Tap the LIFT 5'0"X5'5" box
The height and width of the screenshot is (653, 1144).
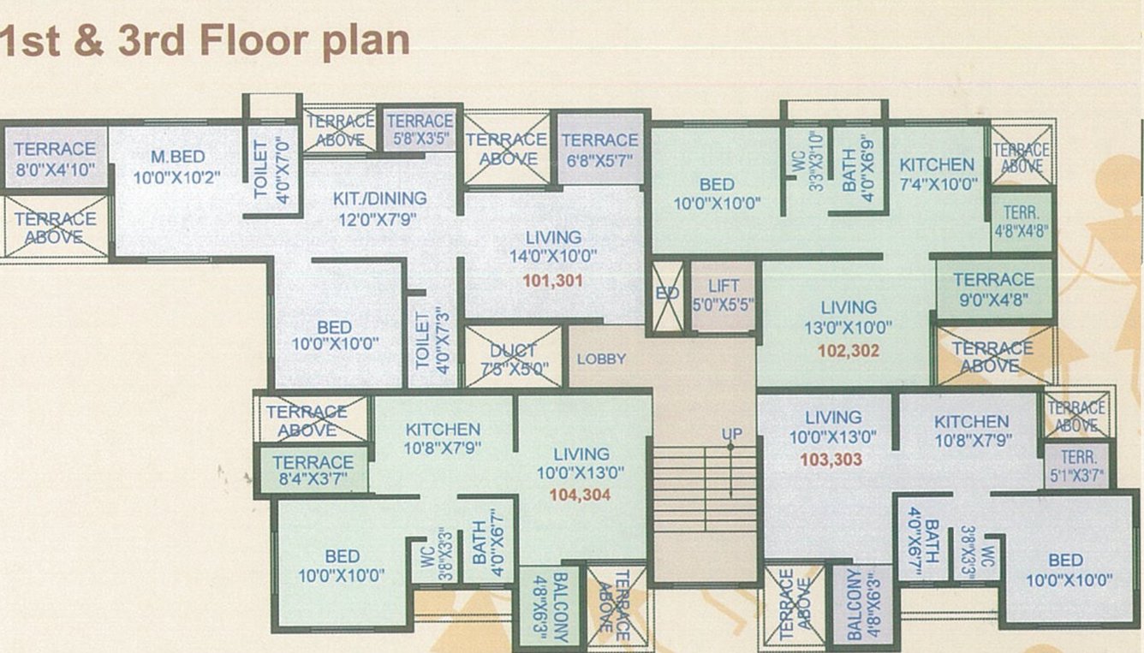724,295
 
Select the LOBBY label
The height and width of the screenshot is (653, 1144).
601,359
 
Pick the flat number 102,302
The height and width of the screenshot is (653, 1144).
849,350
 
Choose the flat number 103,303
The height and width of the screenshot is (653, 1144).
831,460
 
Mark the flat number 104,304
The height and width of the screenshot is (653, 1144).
581,495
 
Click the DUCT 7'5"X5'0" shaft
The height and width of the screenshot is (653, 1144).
513,358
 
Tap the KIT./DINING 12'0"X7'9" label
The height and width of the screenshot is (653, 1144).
379,208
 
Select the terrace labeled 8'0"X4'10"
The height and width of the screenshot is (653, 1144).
55,157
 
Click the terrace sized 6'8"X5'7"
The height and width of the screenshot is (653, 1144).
599,148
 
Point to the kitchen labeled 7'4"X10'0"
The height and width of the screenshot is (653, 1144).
937,173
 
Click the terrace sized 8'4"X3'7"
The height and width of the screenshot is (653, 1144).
313,470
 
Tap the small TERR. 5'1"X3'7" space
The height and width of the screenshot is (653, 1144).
1076,465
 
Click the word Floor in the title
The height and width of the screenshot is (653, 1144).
253,41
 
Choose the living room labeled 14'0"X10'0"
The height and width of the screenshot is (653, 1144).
554,246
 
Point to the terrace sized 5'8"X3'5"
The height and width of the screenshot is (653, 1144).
420,128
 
